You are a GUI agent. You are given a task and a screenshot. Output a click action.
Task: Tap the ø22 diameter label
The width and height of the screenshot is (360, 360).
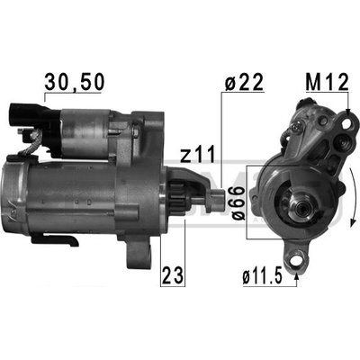click(x=244, y=81)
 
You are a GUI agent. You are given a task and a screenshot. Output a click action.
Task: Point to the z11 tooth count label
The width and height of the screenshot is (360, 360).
click(x=198, y=154)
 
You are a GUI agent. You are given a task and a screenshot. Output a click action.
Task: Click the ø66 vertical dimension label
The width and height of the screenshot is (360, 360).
click(x=237, y=202)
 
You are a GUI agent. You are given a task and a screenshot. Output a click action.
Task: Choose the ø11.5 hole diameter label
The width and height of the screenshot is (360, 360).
click(x=262, y=276)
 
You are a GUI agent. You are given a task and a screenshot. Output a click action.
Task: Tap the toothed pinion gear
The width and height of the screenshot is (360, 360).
click(x=179, y=196)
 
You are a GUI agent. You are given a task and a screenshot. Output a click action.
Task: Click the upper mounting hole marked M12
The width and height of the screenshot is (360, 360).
click(x=348, y=123)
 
